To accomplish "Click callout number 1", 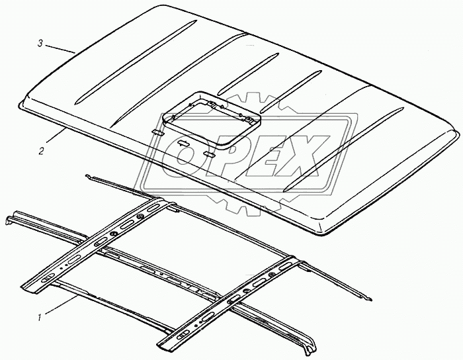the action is (39, 318).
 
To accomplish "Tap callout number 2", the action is (41, 152).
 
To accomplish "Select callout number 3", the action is (40, 44).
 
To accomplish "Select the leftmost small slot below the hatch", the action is (159, 132).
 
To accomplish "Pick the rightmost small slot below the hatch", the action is (210, 154).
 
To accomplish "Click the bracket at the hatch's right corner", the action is (249, 120).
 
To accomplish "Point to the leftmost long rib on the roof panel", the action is (136, 62).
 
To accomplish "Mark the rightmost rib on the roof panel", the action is (345, 148).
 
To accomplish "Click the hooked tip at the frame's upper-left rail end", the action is (87, 176).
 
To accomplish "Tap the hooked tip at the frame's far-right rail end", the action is (368, 299).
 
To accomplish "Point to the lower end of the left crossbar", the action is (28, 289).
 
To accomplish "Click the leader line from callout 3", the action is (60, 49).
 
